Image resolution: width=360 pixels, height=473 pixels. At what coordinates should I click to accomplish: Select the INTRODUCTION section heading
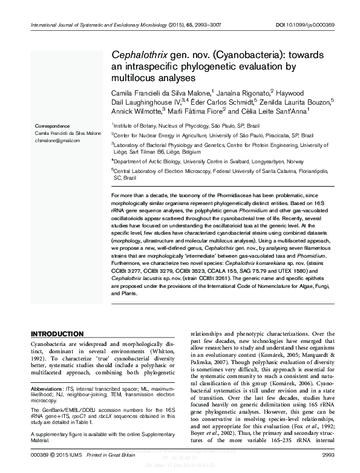(x=57, y=334)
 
